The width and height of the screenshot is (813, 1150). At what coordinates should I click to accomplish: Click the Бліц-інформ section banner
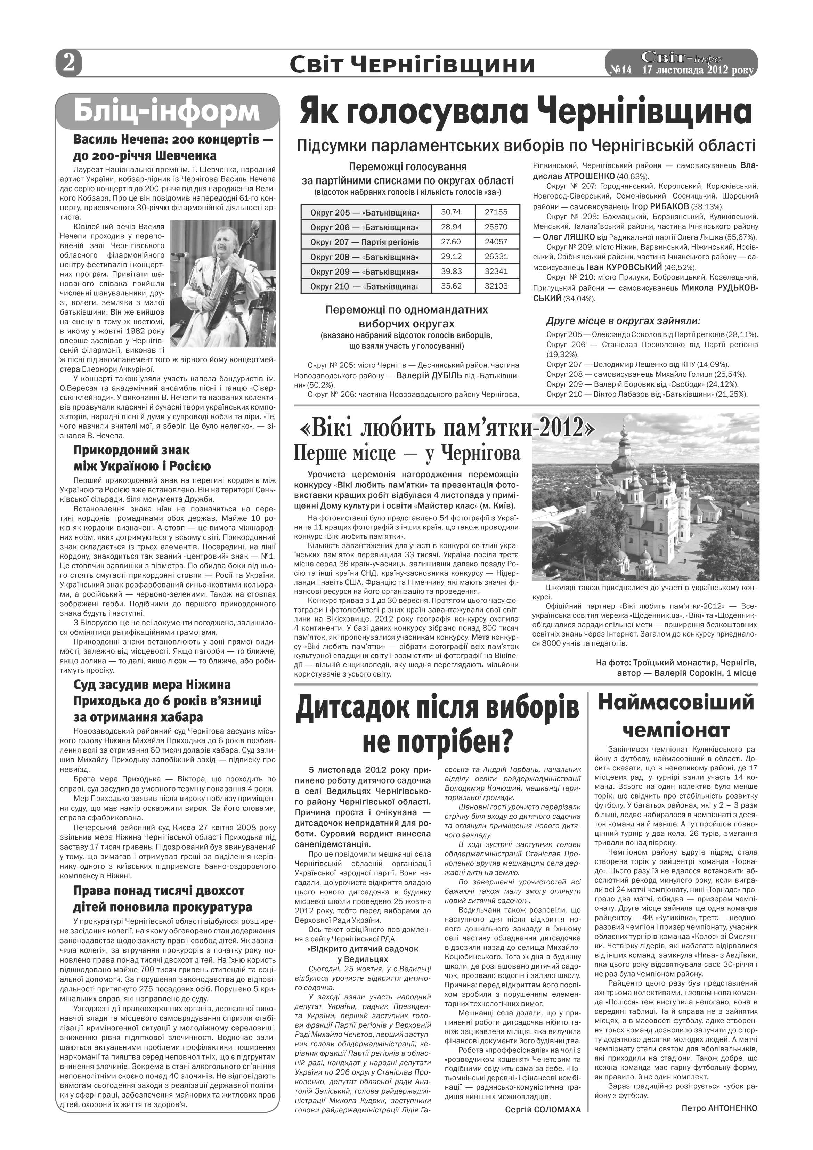pyautogui.click(x=167, y=111)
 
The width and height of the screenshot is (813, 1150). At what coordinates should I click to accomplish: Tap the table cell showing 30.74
pyautogui.click(x=450, y=212)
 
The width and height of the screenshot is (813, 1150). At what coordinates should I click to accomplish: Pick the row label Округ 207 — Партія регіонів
pyautogui.click(x=364, y=242)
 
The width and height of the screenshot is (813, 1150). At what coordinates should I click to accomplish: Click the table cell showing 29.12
pyautogui.click(x=450, y=257)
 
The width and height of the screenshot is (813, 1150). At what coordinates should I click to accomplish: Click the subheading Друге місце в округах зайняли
pyautogui.click(x=623, y=321)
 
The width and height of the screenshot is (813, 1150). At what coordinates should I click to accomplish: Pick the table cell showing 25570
pyautogui.click(x=496, y=227)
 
